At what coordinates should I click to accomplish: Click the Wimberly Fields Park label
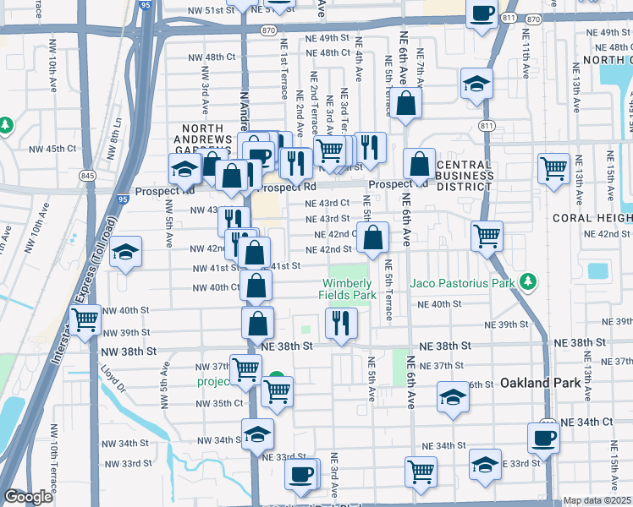[347, 289]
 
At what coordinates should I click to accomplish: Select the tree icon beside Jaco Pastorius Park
[529, 281]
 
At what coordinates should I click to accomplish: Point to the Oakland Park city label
[540, 383]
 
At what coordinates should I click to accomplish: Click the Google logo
[29, 497]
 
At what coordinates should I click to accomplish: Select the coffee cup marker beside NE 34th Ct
[542, 438]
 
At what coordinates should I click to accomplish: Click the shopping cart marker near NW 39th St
[85, 320]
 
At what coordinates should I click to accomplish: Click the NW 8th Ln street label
[112, 139]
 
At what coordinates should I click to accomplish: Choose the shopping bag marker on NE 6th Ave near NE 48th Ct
[407, 103]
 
